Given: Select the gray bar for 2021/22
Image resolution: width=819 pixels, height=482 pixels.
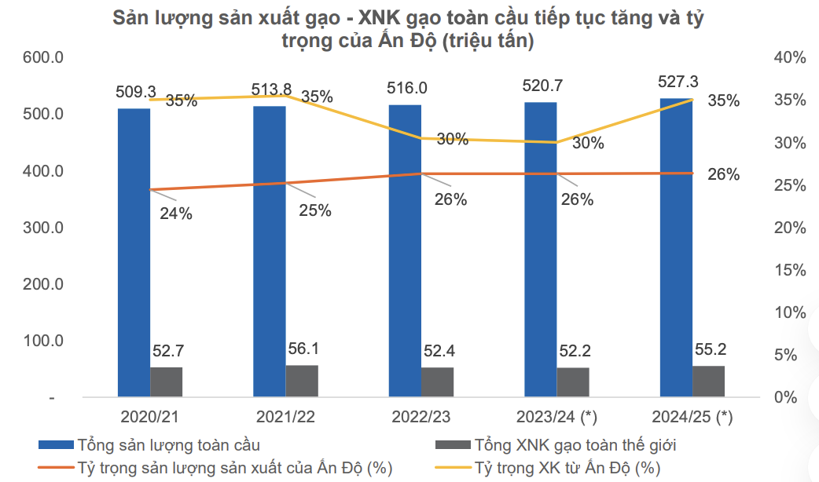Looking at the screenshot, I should [302, 381].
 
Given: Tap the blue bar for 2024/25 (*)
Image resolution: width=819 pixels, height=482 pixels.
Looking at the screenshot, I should [675, 247].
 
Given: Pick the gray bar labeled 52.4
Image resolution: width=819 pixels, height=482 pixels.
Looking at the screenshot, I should [437, 382].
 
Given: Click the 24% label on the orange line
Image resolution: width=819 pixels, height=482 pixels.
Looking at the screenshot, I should [175, 213].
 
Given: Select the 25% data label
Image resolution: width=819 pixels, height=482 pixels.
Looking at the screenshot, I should [314, 210].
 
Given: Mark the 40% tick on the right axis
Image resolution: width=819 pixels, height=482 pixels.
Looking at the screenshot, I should [789, 57].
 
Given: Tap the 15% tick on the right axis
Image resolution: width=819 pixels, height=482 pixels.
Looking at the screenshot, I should [789, 270].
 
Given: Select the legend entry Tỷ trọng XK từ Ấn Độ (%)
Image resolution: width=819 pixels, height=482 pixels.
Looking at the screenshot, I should [566, 469].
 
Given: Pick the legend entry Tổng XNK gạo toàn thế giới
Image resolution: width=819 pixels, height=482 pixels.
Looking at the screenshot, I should [575, 445].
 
